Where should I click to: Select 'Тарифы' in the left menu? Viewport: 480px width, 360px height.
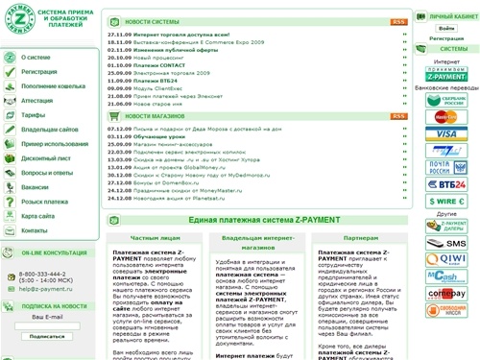(x=33, y=110)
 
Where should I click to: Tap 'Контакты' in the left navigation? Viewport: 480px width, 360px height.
(x=35, y=231)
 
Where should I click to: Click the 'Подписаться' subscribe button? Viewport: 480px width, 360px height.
(x=47, y=336)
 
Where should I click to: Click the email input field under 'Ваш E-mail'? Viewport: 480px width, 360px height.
(x=47, y=322)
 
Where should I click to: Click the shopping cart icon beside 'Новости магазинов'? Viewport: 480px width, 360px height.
(x=114, y=114)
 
